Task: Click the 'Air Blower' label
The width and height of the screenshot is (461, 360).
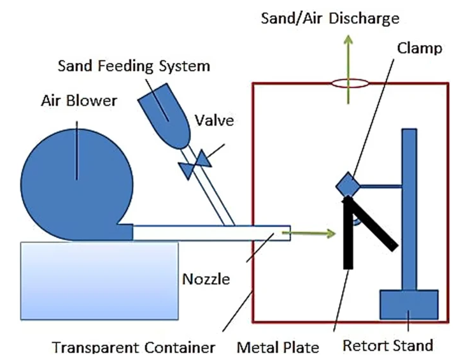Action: click(x=79, y=101)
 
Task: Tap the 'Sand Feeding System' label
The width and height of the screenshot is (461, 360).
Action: click(x=134, y=66)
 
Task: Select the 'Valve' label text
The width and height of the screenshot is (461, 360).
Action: click(x=215, y=120)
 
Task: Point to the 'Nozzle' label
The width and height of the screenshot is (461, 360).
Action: click(x=206, y=279)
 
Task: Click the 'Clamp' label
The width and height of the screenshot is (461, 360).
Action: click(x=420, y=48)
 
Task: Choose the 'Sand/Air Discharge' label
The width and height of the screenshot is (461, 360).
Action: click(x=330, y=18)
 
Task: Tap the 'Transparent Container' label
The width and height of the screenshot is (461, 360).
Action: click(x=134, y=347)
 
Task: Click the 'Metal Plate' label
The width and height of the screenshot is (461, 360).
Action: click(x=278, y=347)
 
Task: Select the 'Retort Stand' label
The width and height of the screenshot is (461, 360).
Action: click(x=388, y=345)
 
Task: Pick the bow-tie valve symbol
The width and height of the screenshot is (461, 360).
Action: click(x=195, y=164)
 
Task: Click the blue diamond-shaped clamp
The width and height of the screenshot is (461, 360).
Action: click(x=348, y=185)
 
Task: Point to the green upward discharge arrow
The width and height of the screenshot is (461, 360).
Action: click(x=348, y=69)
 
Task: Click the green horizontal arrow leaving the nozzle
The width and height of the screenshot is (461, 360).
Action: click(x=309, y=234)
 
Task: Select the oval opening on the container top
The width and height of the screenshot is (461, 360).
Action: click(x=350, y=83)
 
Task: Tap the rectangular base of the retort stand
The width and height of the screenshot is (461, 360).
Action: click(x=409, y=305)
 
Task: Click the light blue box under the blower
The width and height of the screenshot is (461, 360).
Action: click(x=99, y=280)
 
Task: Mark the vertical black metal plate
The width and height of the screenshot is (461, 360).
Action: click(x=348, y=233)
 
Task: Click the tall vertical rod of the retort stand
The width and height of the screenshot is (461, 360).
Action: click(x=409, y=210)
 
